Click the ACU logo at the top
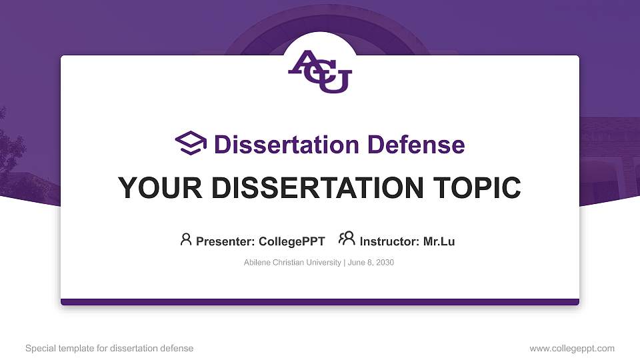coord(320,71)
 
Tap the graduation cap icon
coord(191,144)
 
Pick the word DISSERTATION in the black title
coord(311,188)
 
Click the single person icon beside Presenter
coord(186,239)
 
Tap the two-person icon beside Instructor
coord(347,239)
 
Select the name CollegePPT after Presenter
coord(293,241)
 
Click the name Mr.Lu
coord(439,241)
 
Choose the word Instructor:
coord(389,241)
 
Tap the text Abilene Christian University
coord(293,263)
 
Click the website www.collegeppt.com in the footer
coord(571,348)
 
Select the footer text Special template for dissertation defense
coord(109,348)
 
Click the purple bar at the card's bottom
coord(320,302)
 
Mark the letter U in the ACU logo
coord(335,82)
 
